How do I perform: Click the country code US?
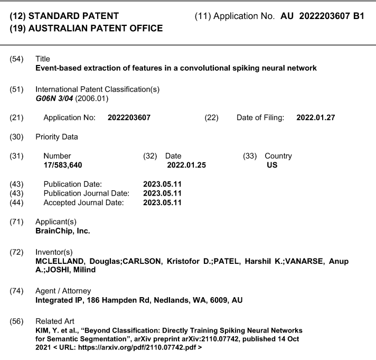(x=272, y=165)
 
